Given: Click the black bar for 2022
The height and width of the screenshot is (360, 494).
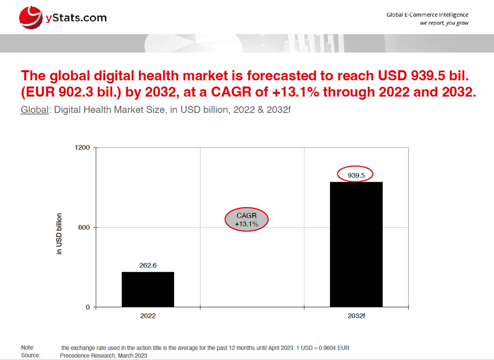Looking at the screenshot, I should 148,289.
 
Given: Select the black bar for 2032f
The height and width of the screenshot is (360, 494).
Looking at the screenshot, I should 356,245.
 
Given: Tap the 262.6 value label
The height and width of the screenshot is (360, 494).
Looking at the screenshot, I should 148,265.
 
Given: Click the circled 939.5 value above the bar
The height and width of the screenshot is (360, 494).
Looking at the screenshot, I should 355,174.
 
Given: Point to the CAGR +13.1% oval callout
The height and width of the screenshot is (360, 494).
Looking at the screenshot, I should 247,220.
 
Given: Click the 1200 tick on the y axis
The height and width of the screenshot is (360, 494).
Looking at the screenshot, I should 82,148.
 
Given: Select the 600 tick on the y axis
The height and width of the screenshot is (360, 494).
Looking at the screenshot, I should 84,227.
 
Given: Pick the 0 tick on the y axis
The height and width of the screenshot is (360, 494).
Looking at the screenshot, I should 88,307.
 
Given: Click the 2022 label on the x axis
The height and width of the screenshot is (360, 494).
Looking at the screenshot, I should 148,316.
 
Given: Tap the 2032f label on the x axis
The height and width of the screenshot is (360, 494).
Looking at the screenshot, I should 356,316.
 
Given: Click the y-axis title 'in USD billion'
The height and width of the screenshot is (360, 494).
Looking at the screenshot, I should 59,233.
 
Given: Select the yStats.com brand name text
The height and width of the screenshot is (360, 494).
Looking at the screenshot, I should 76,18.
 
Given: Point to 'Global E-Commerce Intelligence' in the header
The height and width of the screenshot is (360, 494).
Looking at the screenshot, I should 427,15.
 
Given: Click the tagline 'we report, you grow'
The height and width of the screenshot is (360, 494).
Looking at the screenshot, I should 444,23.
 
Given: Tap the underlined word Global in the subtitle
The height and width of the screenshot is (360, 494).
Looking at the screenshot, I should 34,110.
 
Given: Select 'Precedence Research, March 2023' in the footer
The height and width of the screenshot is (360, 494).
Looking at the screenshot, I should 103,355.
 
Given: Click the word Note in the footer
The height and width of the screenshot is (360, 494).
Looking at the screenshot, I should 27,348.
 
